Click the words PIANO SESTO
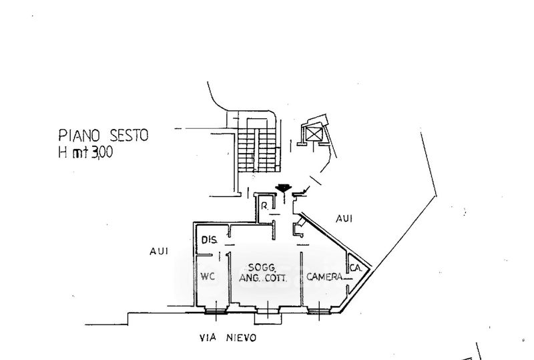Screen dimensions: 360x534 (103, 136)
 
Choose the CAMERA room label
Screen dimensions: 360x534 (325, 277)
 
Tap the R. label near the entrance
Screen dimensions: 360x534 (265, 205)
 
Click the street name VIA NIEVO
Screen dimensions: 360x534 (228, 338)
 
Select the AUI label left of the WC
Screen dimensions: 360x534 (160, 251)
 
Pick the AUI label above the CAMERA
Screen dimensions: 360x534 (344, 218)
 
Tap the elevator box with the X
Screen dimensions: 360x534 (314, 134)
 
